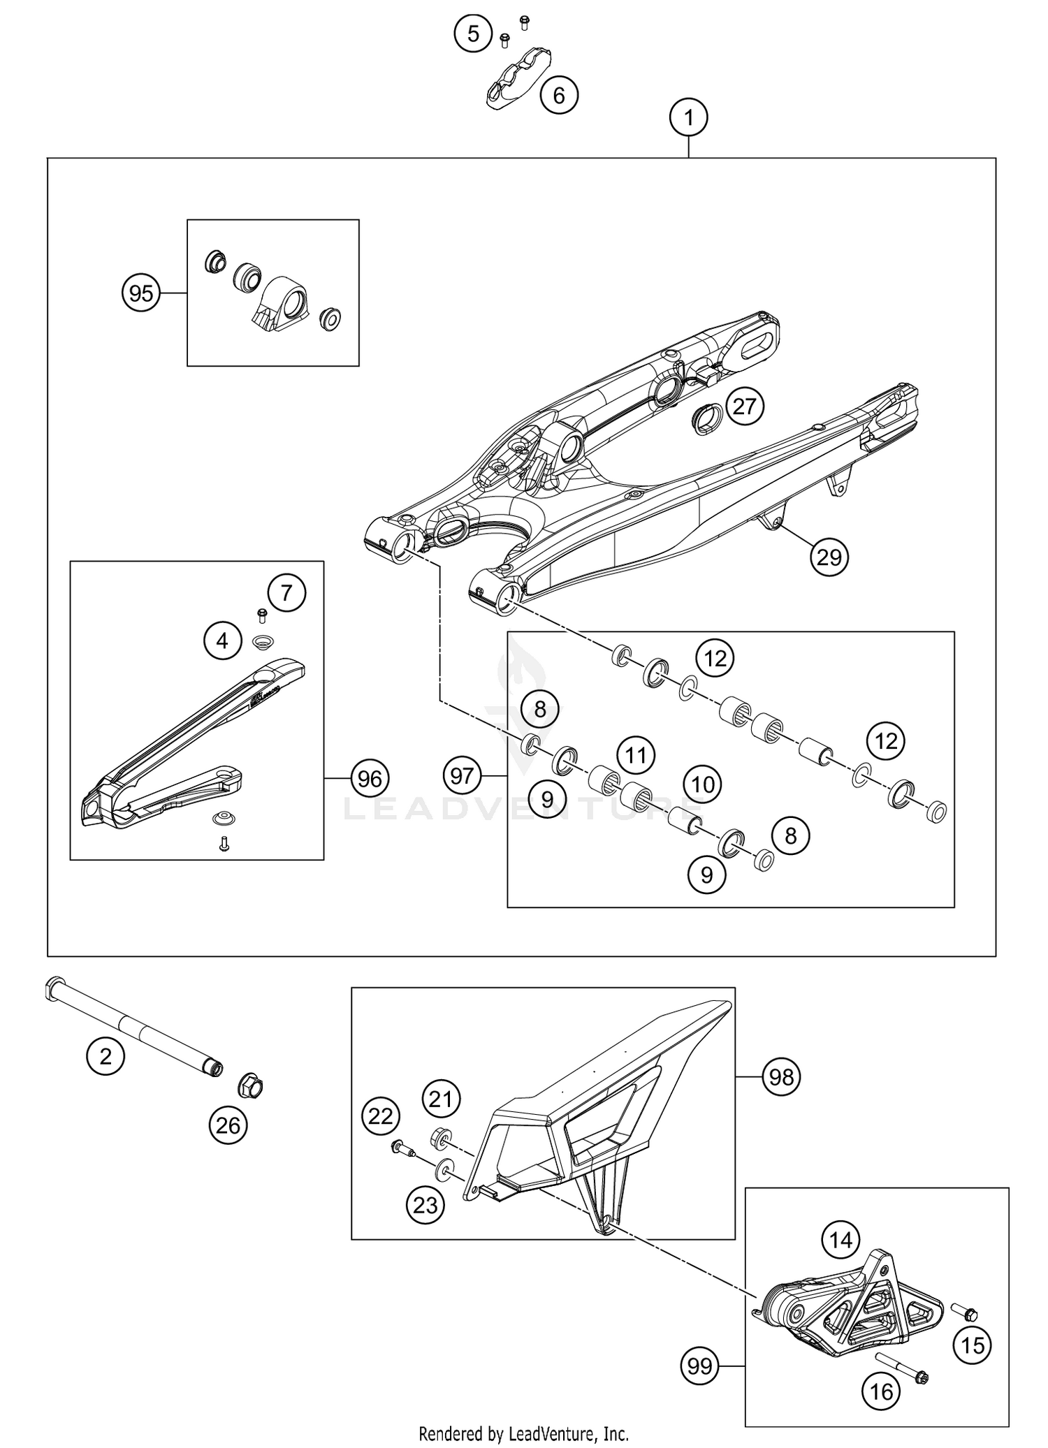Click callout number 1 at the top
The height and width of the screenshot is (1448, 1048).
click(x=688, y=118)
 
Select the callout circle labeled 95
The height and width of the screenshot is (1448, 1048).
click(x=141, y=293)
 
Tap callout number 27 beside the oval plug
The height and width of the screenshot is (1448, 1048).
click(x=745, y=406)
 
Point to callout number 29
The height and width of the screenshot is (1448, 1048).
click(x=829, y=557)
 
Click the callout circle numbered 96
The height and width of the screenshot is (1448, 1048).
click(x=370, y=778)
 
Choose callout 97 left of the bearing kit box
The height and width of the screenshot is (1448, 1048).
click(x=462, y=775)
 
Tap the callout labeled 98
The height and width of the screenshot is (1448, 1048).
click(x=781, y=1077)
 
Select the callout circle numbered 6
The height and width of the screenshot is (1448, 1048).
click(x=559, y=94)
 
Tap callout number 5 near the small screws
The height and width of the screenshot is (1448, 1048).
click(x=474, y=33)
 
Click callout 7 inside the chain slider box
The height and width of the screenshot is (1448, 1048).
click(x=286, y=593)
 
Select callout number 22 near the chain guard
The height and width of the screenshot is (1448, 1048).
click(x=381, y=1117)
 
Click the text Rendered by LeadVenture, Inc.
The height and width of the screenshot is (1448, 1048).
click(x=523, y=1434)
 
